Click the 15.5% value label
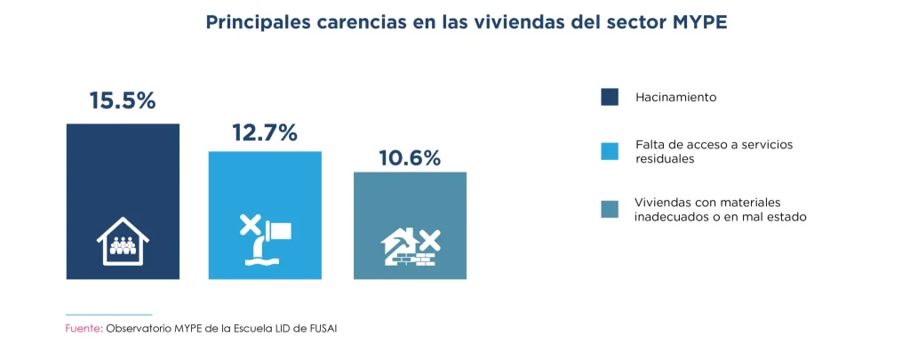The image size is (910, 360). (123, 101)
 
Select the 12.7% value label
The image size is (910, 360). (265, 133)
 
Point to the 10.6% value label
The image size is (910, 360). (410, 158)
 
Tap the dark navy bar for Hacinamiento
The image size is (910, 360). (123, 178)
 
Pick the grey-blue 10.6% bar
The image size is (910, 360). (410, 200)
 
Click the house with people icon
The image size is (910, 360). (123, 242)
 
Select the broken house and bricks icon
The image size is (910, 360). (410, 246)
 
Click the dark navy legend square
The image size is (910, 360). (610, 97)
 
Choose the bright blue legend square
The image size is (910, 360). (610, 151)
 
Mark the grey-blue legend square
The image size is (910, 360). (610, 209)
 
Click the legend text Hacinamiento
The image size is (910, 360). (675, 97)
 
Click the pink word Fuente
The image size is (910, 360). (84, 328)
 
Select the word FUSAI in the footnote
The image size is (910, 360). (321, 328)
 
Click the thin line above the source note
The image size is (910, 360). (108, 315)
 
